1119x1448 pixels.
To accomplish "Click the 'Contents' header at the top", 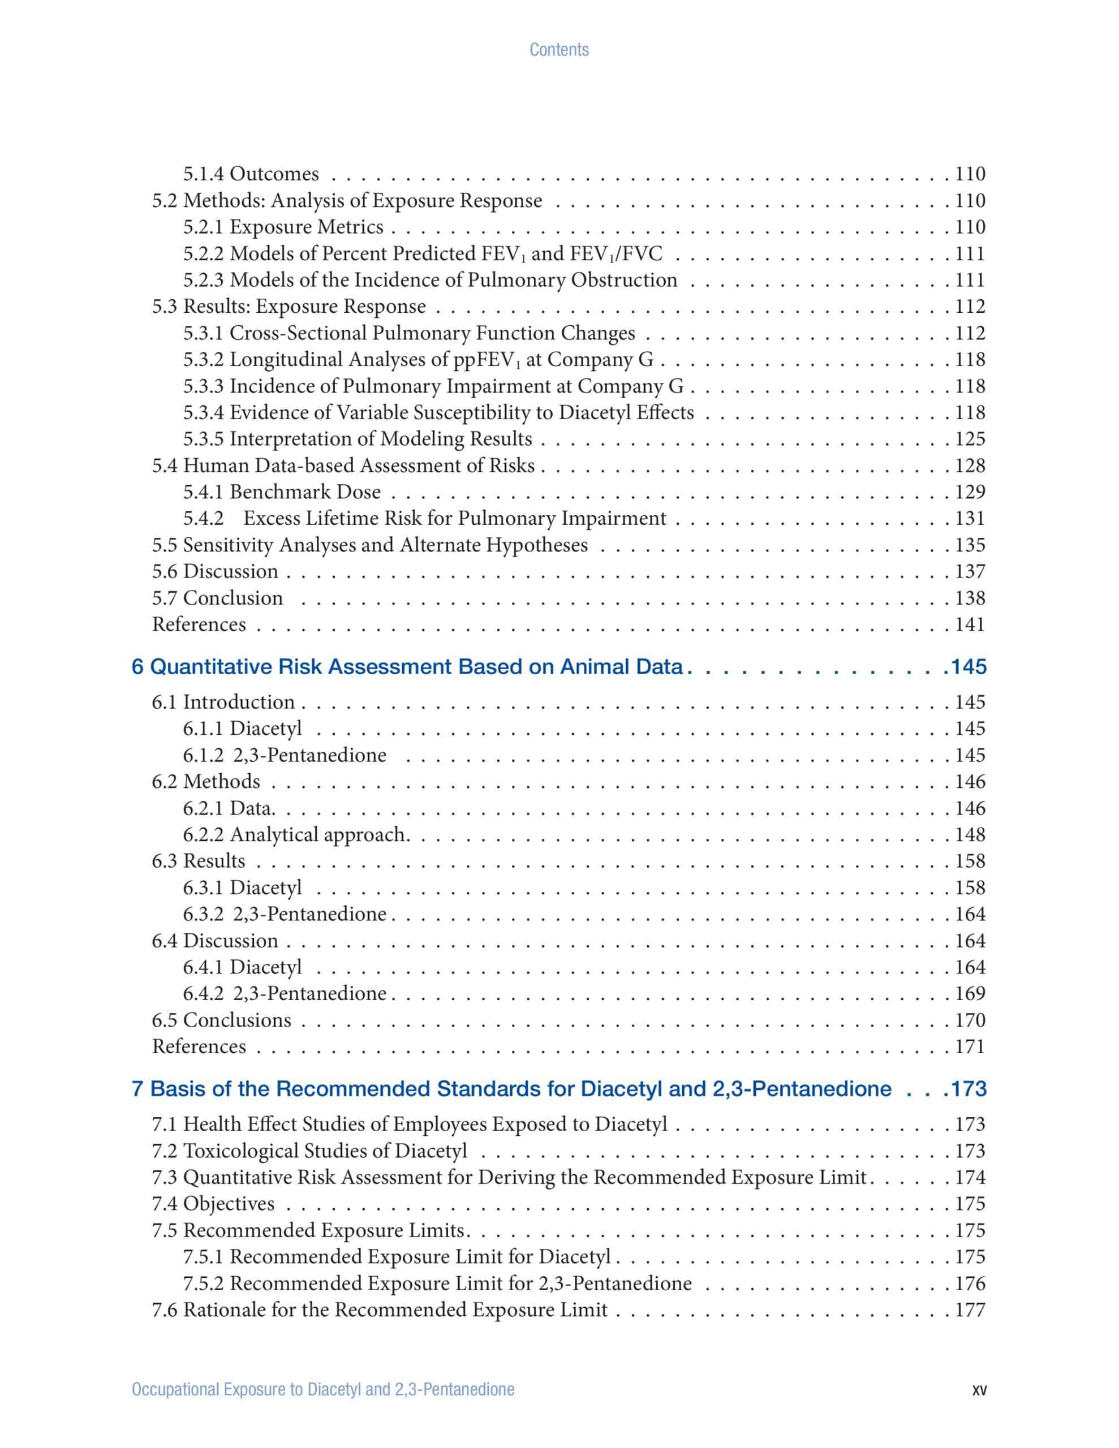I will [558, 50].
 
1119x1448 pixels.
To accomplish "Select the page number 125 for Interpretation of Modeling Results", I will [970, 439].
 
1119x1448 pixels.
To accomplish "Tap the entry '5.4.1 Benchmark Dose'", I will [282, 492].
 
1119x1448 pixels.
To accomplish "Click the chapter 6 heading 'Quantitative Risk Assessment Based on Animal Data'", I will [407, 666].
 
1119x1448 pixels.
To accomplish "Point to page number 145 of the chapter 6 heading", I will [969, 666].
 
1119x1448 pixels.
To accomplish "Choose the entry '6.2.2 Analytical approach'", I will [295, 835].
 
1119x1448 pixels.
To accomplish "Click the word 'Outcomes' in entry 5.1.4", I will [274, 174].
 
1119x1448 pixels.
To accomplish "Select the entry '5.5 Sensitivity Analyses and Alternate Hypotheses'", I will [369, 545].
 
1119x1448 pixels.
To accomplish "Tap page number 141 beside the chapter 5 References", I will [970, 624].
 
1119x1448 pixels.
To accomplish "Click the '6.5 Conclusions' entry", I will [222, 1020].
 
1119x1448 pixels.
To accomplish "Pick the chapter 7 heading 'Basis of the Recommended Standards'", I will [511, 1089].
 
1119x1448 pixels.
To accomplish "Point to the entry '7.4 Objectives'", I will [213, 1203].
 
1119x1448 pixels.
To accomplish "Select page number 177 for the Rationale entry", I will [970, 1309].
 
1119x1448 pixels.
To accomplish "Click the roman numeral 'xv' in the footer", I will [978, 1390].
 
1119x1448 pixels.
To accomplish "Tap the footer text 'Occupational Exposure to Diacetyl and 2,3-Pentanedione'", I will [323, 1390].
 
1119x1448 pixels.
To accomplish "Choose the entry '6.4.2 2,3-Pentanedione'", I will [285, 993].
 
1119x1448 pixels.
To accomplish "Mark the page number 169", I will [970, 993].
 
